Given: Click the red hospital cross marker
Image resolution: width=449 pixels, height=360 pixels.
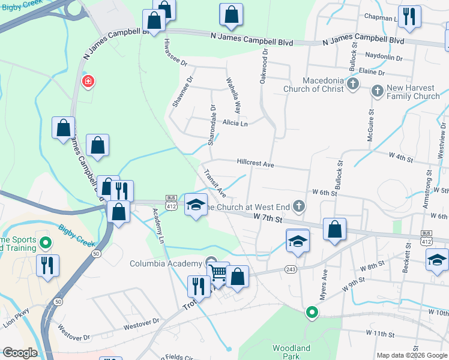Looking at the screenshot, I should pos(88,81).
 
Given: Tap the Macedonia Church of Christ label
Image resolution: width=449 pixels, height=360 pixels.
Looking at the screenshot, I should pos(315,85).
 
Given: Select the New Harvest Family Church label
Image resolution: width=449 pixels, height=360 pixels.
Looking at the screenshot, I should pos(413,92).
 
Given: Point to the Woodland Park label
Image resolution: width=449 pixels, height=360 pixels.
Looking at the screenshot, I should pos(291,352).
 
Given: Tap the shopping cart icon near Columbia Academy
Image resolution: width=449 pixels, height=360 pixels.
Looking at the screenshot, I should pos(218,274).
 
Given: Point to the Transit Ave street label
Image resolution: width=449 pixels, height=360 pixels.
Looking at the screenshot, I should pos(214,184).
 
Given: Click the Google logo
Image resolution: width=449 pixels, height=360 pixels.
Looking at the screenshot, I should pos(20,353).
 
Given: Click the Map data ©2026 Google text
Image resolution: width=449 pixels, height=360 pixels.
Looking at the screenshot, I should pos(412,355).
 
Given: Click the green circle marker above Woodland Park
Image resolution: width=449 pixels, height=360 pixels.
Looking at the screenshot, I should pos(311,312).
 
